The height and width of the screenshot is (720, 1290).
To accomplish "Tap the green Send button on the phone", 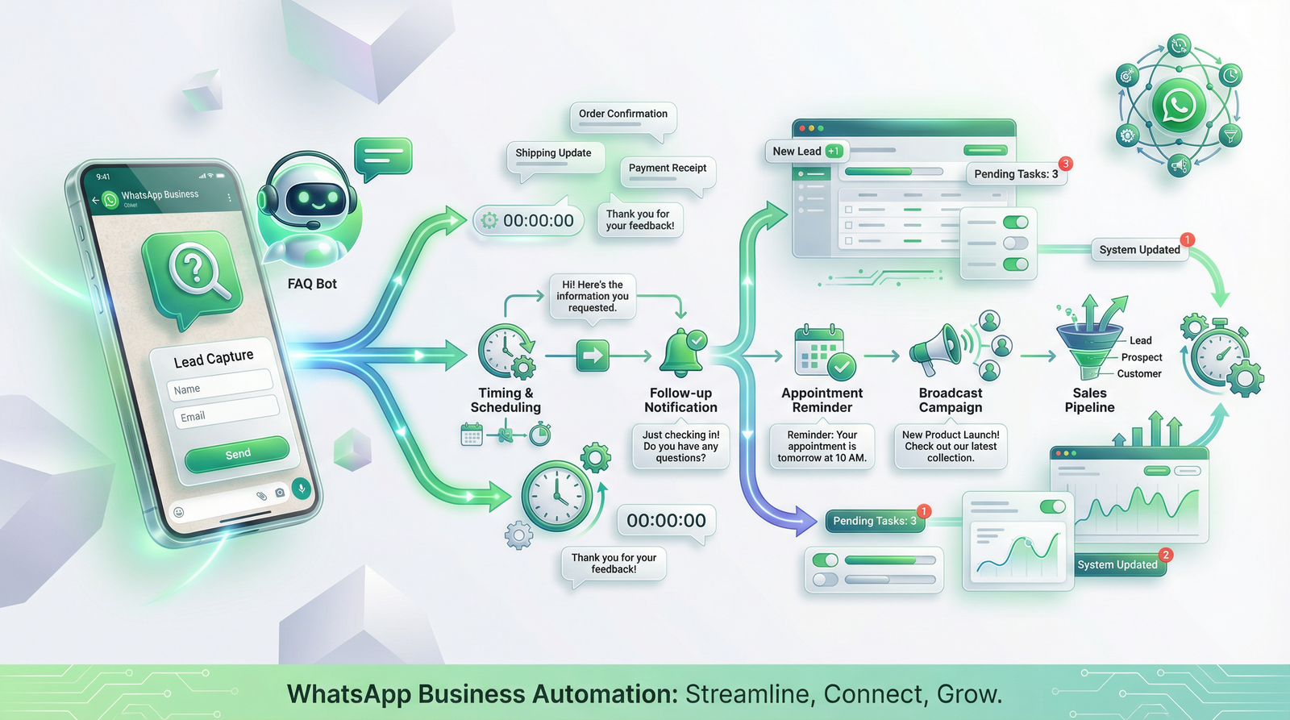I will (237, 454).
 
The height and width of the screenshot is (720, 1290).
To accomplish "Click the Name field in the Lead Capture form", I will (219, 385).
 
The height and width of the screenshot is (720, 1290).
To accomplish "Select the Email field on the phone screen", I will (225, 412).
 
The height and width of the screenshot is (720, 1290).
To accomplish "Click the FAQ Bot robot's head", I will (310, 197).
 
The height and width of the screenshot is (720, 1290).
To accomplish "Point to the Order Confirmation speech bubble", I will (622, 114).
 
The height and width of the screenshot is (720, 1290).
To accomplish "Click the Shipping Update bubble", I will (554, 153).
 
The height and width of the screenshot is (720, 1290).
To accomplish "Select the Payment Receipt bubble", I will (667, 169).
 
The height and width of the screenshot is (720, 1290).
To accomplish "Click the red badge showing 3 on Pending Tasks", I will (1065, 164).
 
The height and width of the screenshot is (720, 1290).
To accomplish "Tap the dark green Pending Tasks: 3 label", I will (874, 521).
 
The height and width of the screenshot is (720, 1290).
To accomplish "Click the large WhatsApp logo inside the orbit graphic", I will (1179, 105).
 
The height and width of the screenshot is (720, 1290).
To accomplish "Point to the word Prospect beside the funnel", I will (1142, 357).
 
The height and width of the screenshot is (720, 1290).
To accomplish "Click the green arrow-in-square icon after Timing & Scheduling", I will (593, 356).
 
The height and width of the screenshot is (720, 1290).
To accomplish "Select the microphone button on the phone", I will (302, 488).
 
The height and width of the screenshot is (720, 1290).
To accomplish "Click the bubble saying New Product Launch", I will (951, 446).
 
